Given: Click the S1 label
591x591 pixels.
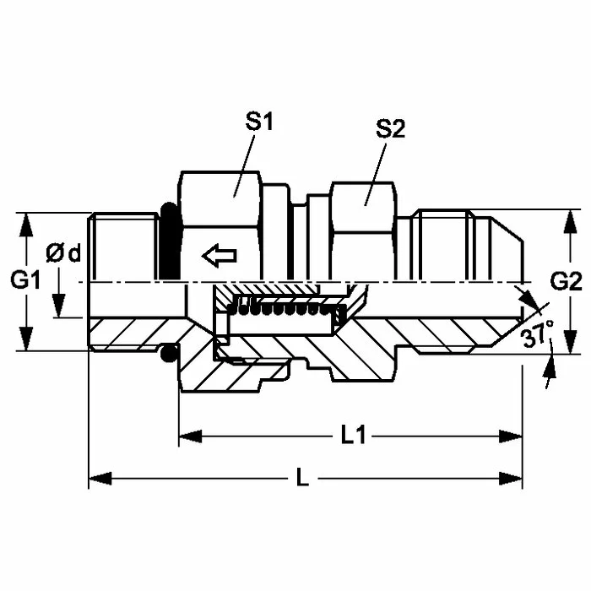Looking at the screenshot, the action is (259, 122).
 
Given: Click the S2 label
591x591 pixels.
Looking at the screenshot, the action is (390, 129).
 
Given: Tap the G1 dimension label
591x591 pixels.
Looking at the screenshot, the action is (25, 279).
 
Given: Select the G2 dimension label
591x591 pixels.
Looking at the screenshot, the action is (566, 281).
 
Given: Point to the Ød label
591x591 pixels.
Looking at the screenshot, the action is (63, 253).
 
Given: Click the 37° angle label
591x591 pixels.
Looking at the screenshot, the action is (539, 333).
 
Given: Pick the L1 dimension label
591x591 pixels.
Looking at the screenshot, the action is (353, 436).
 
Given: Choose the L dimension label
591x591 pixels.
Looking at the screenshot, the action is (302, 478).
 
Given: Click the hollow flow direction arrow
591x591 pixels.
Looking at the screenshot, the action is (220, 256).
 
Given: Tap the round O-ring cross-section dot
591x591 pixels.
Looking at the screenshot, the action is (169, 352).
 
